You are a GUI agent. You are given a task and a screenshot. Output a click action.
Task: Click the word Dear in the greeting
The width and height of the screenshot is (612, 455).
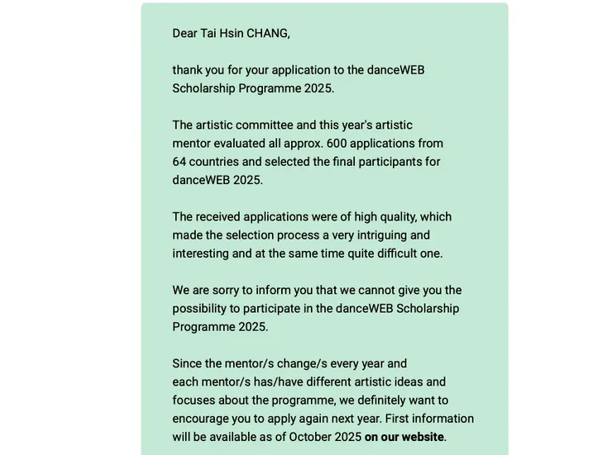pos(184,34)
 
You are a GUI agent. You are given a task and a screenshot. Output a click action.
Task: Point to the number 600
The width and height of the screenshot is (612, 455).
pos(337,144)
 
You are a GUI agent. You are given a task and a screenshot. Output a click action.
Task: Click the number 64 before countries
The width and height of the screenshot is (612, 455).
pos(179,162)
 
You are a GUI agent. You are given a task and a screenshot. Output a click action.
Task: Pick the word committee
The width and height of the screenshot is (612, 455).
pos(264,126)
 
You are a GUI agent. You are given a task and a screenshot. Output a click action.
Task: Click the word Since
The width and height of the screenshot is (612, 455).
pos(187,364)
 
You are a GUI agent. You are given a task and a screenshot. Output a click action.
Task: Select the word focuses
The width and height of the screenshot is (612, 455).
pos(194,400)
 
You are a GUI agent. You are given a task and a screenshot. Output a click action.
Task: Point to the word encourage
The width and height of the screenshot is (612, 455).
pos(200,419)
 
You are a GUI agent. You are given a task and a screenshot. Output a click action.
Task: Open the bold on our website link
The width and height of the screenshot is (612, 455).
pos(404,437)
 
